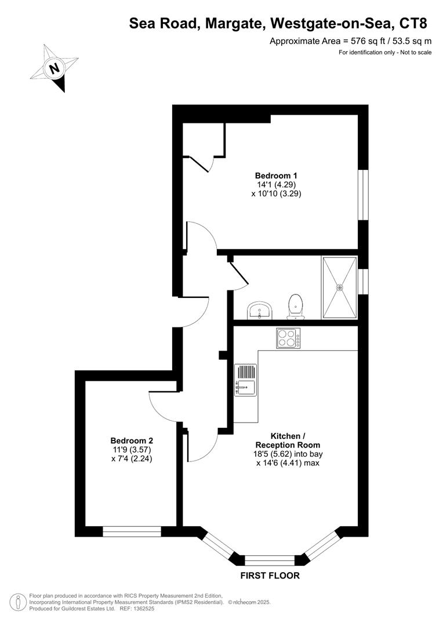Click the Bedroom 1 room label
[276, 176]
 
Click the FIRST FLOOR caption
[270, 576]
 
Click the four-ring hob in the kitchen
[288, 338]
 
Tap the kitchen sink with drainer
[245, 380]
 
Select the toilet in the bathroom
[296, 306]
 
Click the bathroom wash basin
[259, 310]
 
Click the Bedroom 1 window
[363, 195]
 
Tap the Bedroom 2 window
[132, 531]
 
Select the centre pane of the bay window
[270, 560]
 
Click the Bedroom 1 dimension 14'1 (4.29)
[276, 185]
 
